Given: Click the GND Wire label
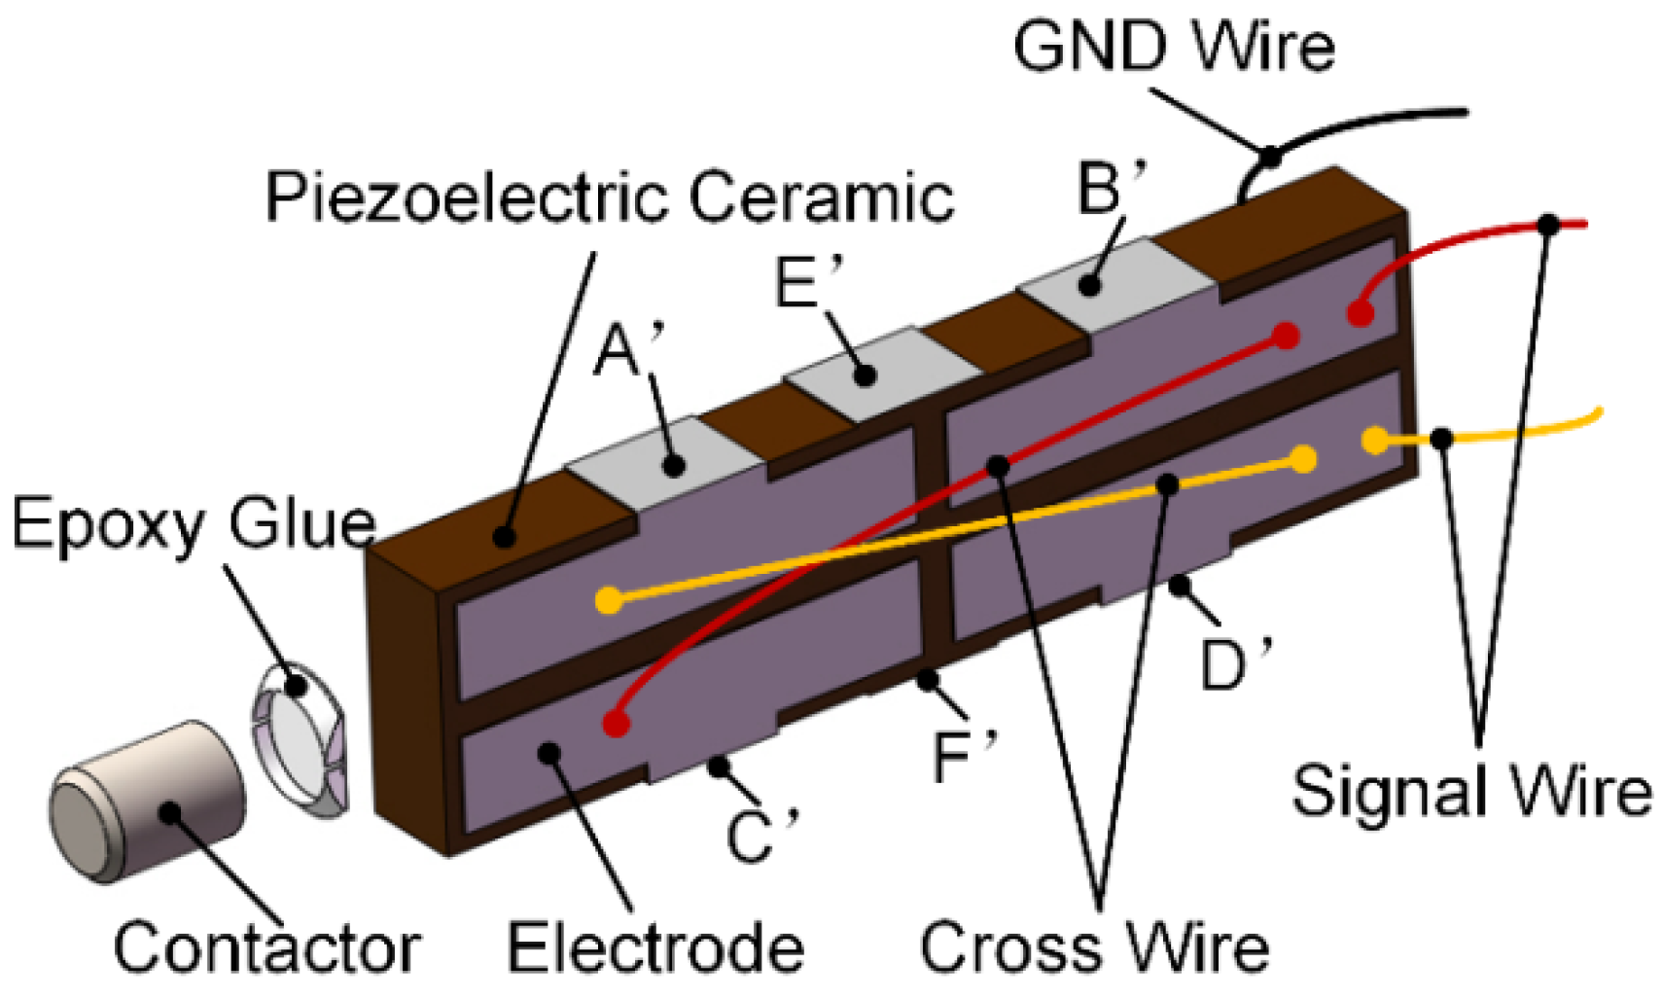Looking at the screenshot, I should point(1173,47).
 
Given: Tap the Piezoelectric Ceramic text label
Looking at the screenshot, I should point(610,197).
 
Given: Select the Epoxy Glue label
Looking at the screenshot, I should point(193,525).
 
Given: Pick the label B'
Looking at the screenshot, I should point(1111,188).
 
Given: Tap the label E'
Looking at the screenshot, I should point(807,283).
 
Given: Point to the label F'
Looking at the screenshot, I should point(963,757).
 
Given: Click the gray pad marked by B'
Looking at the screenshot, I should point(1118,282).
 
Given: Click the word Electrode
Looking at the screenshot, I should point(655,948).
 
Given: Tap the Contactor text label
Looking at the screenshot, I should point(266,948).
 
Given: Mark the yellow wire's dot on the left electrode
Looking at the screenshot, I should point(609,600).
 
